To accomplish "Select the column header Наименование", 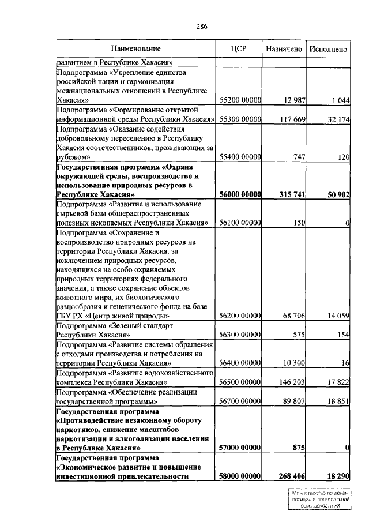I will click(136, 49).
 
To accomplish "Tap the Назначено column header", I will click(284, 49).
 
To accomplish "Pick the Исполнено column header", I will click(328, 49).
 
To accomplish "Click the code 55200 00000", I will click(241, 100).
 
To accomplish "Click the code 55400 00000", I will click(241, 156).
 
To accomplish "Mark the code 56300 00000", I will click(241, 335).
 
